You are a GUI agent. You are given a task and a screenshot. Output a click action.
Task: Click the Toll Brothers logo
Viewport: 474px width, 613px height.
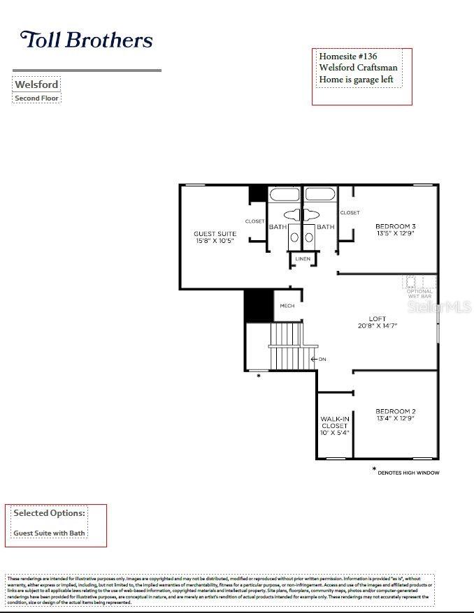point(87,40)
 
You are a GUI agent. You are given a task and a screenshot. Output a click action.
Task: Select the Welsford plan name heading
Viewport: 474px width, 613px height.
point(36,84)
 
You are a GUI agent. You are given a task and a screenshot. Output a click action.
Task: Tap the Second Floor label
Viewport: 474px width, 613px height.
point(37,98)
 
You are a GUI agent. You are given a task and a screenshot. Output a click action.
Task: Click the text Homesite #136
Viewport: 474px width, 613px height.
point(349,56)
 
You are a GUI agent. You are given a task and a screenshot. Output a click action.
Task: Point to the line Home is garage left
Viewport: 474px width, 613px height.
point(356,80)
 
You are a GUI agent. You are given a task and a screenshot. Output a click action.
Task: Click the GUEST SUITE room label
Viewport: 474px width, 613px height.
point(215,234)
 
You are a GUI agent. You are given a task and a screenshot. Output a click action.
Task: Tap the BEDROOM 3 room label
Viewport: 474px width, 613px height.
point(395,226)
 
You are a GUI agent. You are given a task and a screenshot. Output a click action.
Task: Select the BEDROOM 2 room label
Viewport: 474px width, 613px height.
point(395,411)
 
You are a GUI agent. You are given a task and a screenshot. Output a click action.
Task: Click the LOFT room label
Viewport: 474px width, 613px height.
point(377,319)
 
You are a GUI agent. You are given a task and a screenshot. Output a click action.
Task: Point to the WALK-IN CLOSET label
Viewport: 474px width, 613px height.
point(334,422)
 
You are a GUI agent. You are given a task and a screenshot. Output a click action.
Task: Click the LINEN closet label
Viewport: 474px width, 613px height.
point(302,259)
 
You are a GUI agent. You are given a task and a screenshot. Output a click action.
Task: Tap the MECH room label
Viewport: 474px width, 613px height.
point(287,306)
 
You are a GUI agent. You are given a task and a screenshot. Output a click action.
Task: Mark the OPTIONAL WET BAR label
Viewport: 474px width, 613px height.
point(419,294)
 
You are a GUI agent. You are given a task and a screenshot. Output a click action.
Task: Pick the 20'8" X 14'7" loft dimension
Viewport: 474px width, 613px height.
point(378,326)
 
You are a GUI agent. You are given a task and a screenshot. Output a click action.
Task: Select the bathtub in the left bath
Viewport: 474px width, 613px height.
point(285,194)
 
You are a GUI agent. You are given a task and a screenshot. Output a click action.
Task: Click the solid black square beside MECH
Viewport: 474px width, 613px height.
point(257,306)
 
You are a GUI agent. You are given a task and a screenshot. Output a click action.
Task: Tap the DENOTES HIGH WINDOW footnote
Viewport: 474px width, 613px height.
point(408,473)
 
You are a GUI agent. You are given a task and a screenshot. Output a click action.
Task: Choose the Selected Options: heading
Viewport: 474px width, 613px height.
point(50,513)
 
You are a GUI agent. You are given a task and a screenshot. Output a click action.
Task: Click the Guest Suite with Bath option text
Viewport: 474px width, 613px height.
point(49,533)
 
